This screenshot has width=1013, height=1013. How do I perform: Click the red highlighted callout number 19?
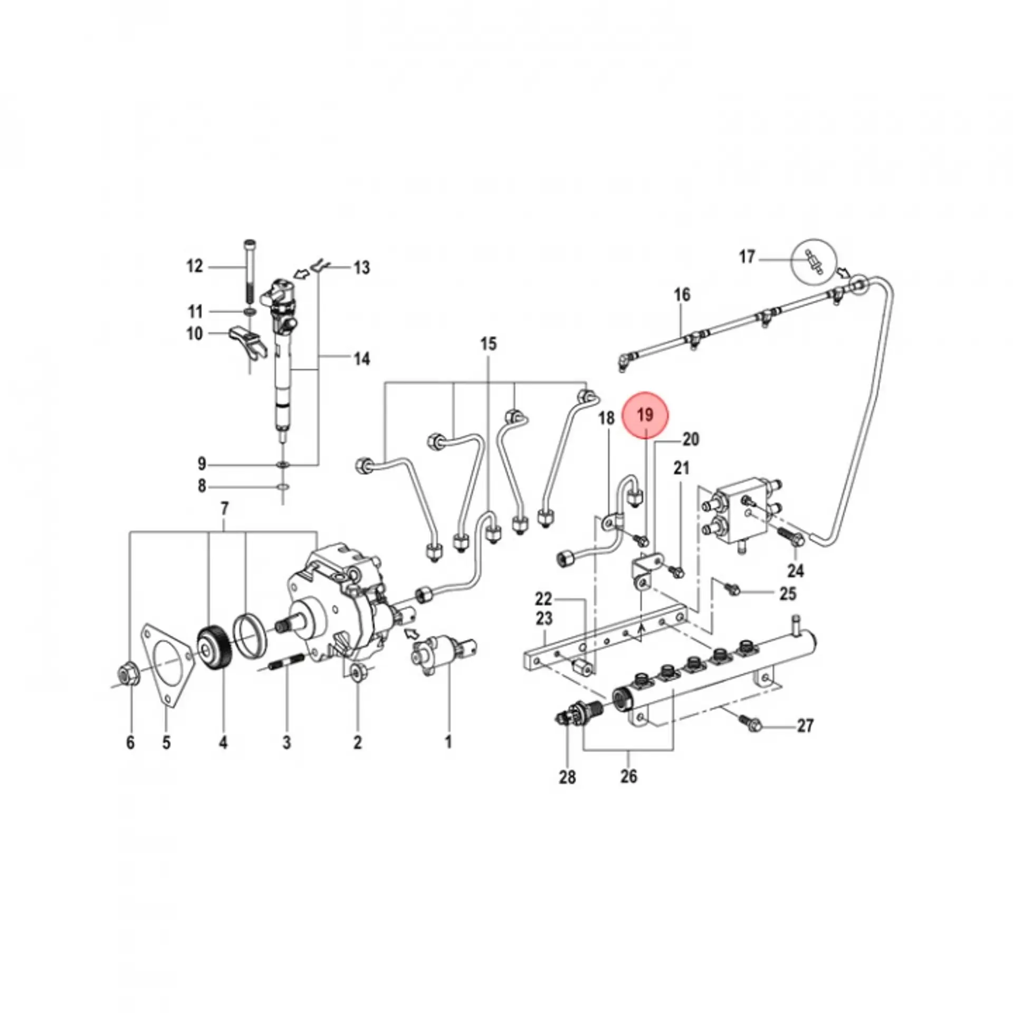click(645, 415)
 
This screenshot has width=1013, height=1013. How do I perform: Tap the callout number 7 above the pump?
click(224, 509)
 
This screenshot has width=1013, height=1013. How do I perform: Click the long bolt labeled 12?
click(249, 274)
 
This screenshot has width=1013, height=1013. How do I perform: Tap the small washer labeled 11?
click(250, 312)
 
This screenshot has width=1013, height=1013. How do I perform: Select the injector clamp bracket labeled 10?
click(248, 342)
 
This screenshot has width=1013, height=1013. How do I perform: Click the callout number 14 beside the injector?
click(361, 359)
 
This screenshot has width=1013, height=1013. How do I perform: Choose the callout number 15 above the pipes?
click(488, 344)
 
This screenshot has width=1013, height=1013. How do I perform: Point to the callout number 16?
click(682, 295)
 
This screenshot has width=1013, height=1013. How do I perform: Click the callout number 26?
click(628, 776)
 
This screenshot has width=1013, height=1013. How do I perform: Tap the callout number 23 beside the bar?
click(543, 618)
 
